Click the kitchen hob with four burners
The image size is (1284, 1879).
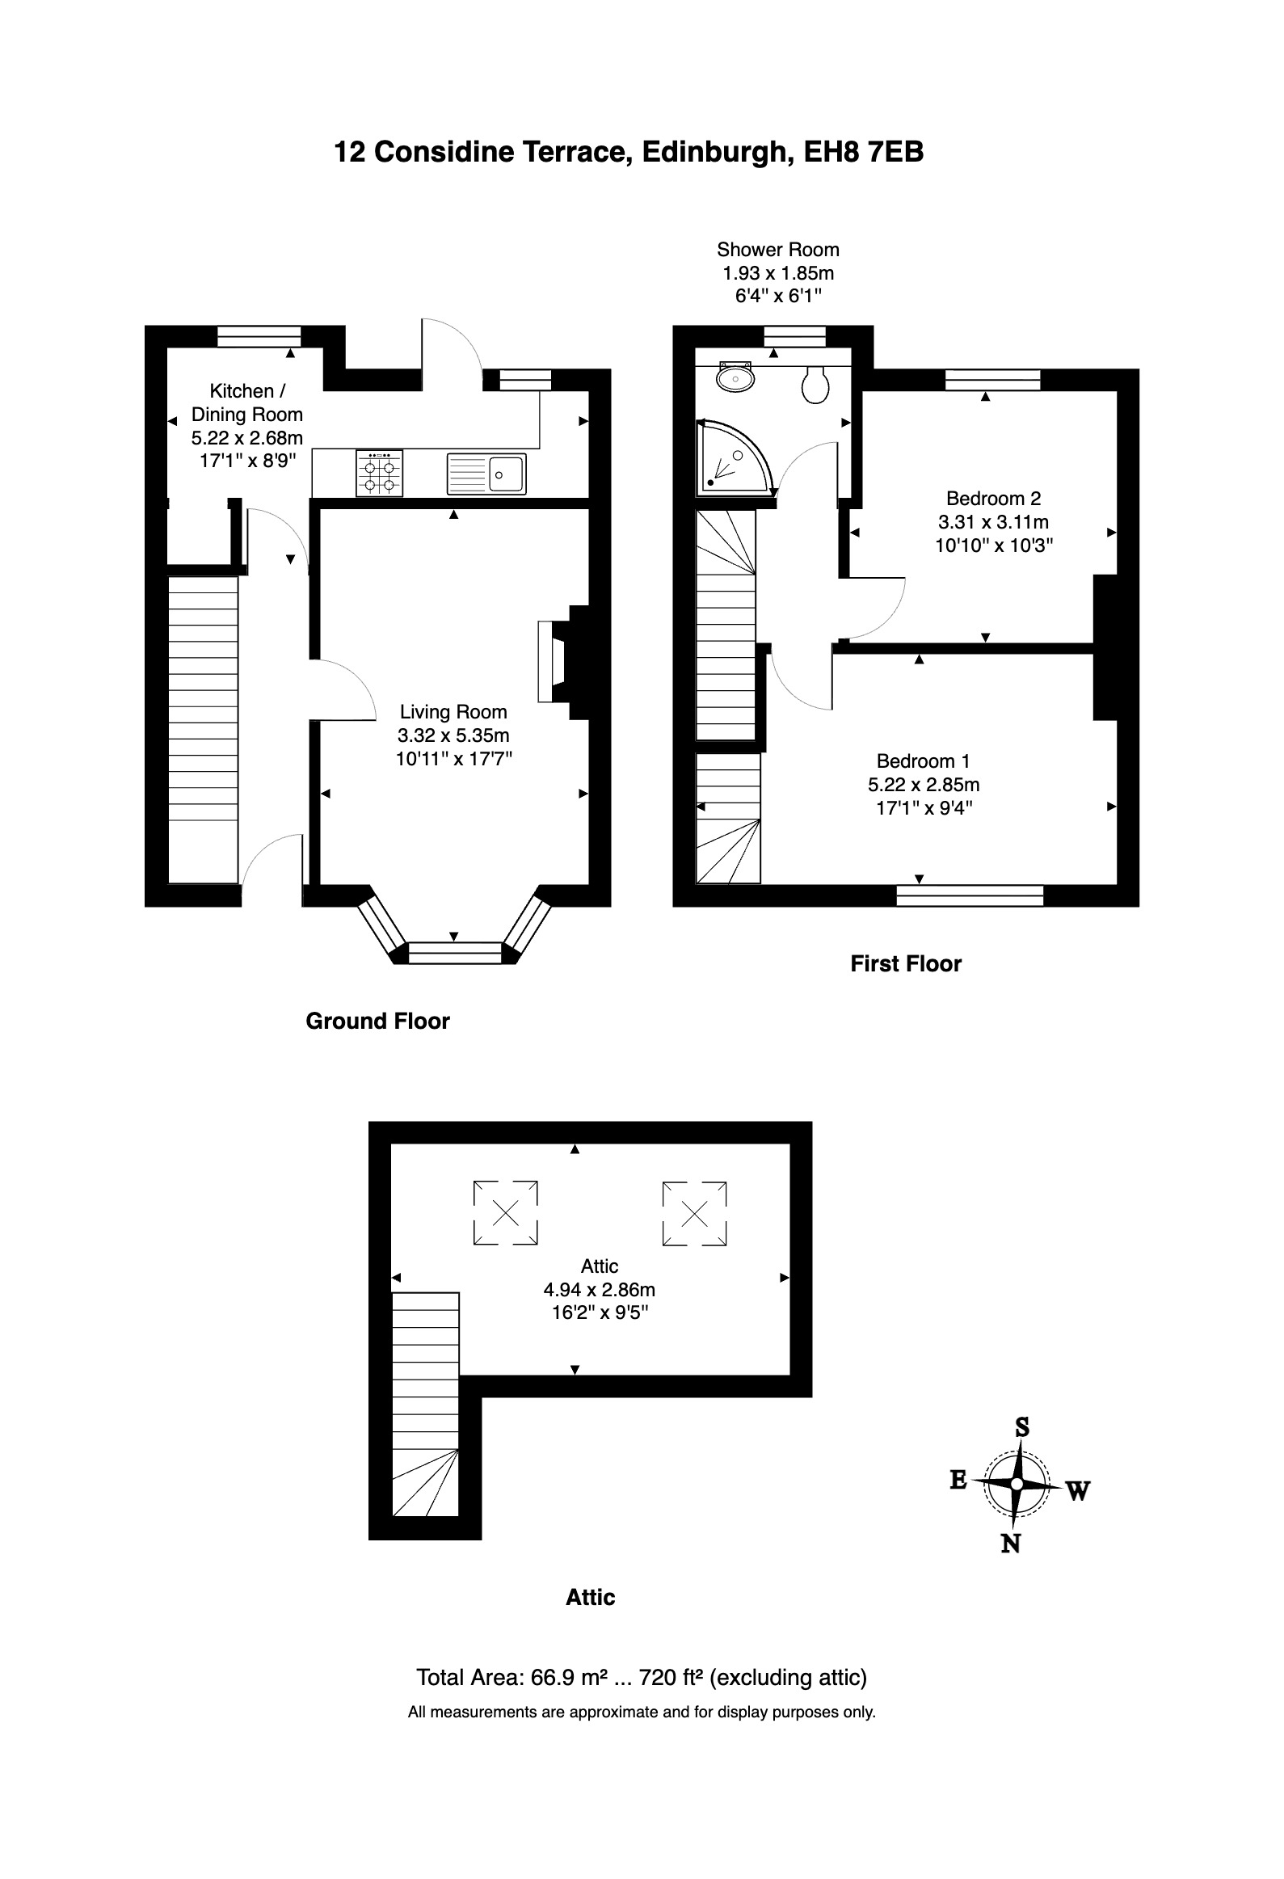click(x=379, y=473)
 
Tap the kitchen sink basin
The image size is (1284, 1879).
click(x=507, y=473)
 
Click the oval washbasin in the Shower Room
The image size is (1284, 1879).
click(x=735, y=376)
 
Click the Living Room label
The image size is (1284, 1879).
click(x=453, y=712)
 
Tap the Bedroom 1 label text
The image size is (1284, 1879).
click(x=924, y=760)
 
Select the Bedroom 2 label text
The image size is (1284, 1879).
click(x=994, y=498)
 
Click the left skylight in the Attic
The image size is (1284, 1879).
click(x=505, y=1213)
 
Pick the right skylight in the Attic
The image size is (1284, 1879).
click(x=695, y=1213)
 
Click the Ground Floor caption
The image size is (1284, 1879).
click(x=377, y=1022)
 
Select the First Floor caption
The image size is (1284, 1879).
click(x=906, y=964)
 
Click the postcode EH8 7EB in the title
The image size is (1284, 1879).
click(x=864, y=152)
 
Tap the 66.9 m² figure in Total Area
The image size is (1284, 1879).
click(x=569, y=1678)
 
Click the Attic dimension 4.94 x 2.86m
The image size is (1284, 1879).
click(x=599, y=1290)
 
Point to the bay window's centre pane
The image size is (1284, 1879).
click(x=455, y=953)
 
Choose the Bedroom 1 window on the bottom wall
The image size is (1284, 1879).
click(x=970, y=895)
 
